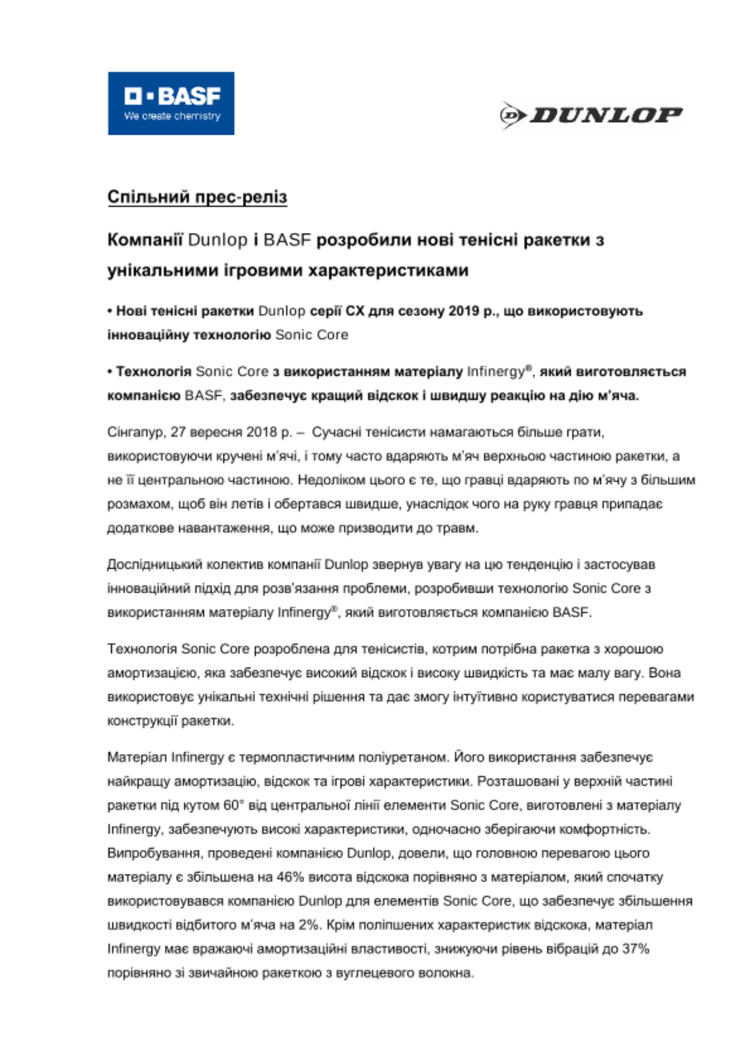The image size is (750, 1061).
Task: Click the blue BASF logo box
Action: (171, 103)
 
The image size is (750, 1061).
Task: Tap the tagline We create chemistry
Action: (172, 116)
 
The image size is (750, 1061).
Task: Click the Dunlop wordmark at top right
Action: (605, 115)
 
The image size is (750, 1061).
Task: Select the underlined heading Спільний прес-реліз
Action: (197, 197)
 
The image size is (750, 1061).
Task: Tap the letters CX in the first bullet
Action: (355, 311)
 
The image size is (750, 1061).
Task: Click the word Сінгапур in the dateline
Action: (135, 432)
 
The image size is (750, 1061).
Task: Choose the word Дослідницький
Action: (152, 564)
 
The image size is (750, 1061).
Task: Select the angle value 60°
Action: (233, 805)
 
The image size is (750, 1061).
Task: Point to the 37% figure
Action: (636, 949)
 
